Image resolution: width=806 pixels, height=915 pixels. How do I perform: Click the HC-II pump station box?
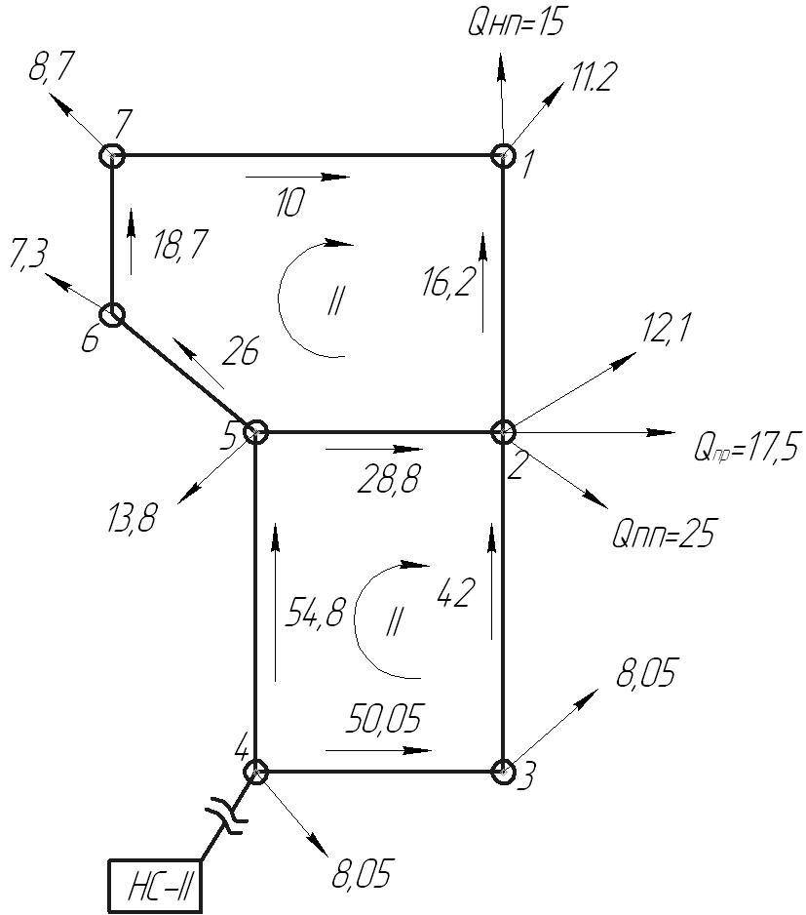point(155,885)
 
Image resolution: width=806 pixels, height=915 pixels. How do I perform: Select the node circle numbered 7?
point(111,156)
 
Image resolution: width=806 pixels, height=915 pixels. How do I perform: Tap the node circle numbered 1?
point(502,156)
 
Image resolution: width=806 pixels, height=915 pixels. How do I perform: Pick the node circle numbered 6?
point(111,315)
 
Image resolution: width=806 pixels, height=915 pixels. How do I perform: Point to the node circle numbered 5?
point(255,432)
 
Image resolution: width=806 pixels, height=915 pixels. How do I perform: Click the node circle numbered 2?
point(502,432)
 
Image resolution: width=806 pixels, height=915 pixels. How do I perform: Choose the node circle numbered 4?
point(255,772)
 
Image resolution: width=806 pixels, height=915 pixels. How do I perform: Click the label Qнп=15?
point(517,24)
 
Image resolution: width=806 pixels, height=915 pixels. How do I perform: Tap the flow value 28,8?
point(388,479)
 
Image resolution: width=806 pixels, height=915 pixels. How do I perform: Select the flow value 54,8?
point(315,614)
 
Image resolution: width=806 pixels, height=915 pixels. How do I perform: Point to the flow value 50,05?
point(383,718)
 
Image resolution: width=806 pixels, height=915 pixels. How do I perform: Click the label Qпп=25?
point(663,533)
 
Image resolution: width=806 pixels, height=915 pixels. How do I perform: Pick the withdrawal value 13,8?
point(132,518)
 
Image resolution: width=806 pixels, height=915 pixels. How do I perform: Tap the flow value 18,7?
point(179,245)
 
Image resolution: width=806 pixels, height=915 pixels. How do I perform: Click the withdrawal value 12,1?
point(666,328)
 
